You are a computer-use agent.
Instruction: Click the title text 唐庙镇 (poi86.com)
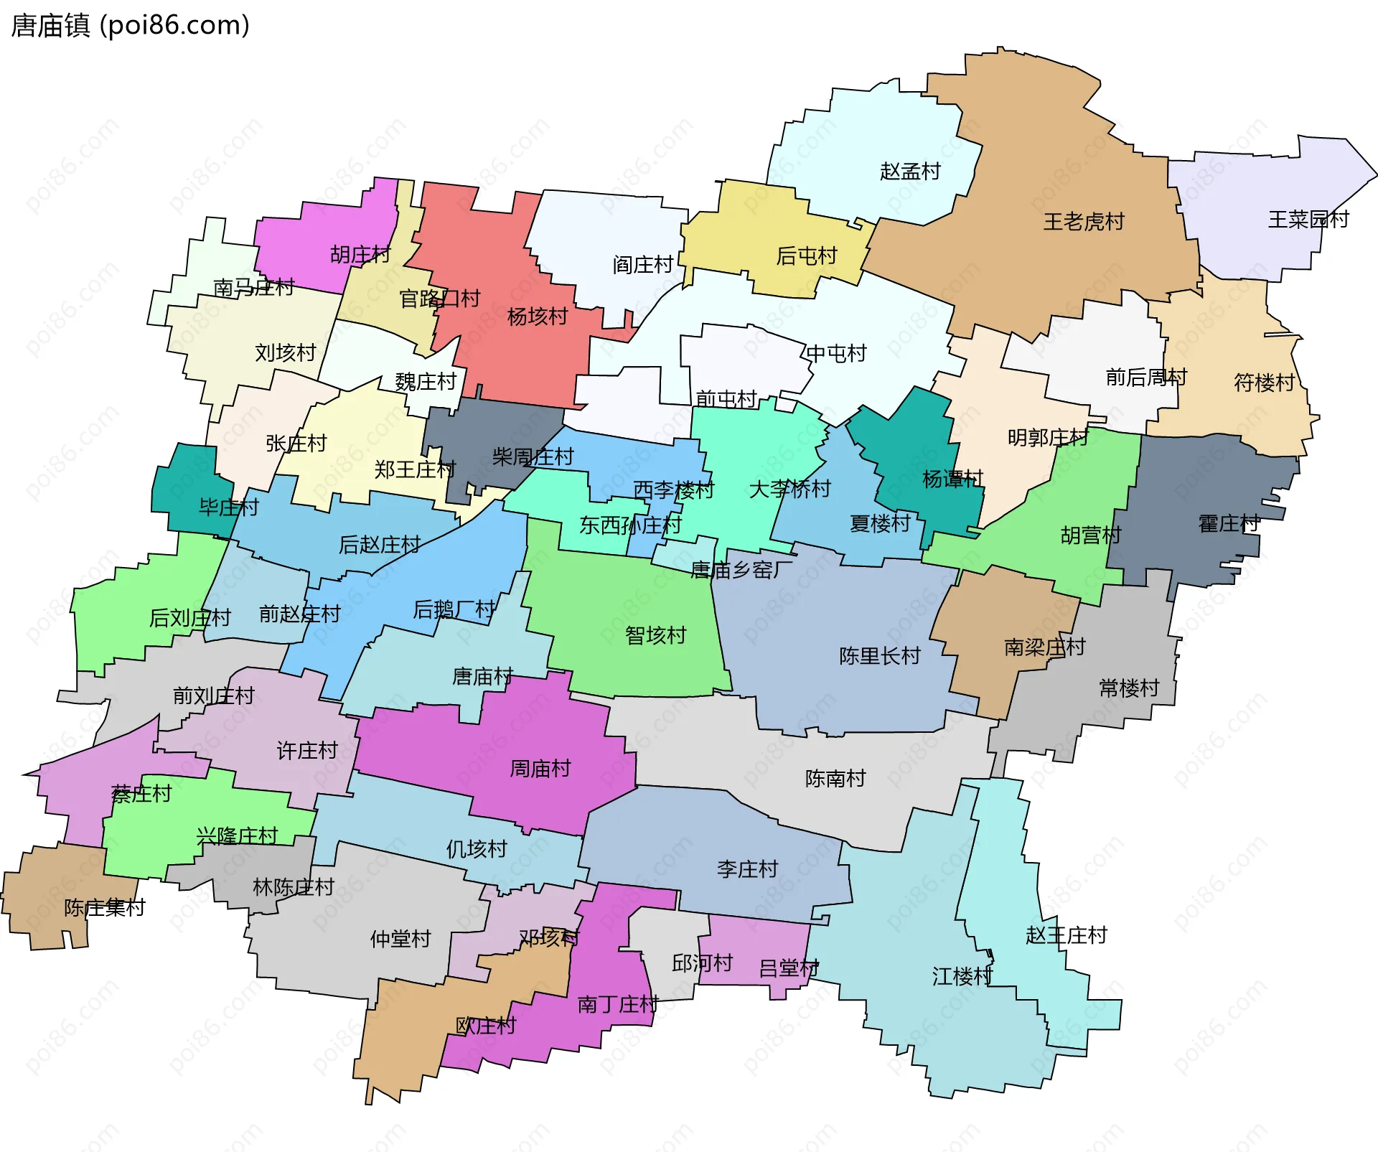click(x=130, y=25)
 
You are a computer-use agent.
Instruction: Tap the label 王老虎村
click(x=1083, y=222)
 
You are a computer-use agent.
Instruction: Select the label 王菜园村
click(x=1308, y=219)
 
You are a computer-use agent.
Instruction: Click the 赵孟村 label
click(x=909, y=172)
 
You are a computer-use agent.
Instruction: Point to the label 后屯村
click(x=806, y=256)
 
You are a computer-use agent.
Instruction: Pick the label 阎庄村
click(x=642, y=265)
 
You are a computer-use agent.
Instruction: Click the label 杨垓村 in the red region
click(x=537, y=317)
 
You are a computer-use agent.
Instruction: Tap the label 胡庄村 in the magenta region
click(x=360, y=255)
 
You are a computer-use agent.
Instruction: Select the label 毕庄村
click(x=228, y=507)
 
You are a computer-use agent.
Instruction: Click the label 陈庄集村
click(x=104, y=908)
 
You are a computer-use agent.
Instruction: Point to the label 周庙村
click(x=540, y=769)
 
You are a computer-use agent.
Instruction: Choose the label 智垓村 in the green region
click(x=655, y=635)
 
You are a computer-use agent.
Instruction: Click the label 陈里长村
click(x=879, y=656)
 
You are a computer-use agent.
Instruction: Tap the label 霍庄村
click(x=1228, y=524)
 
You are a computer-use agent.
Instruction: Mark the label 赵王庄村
click(x=1066, y=935)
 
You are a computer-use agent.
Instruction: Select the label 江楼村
click(x=962, y=976)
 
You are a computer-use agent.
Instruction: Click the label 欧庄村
click(x=485, y=1026)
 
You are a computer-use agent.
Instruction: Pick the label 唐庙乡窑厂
click(x=741, y=570)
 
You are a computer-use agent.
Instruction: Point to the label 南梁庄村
click(x=1044, y=647)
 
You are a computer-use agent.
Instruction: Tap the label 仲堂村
click(x=400, y=939)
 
